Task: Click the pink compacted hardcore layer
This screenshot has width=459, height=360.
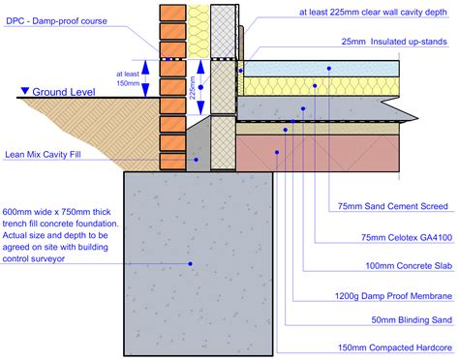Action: pyautogui.click(x=320, y=150)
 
